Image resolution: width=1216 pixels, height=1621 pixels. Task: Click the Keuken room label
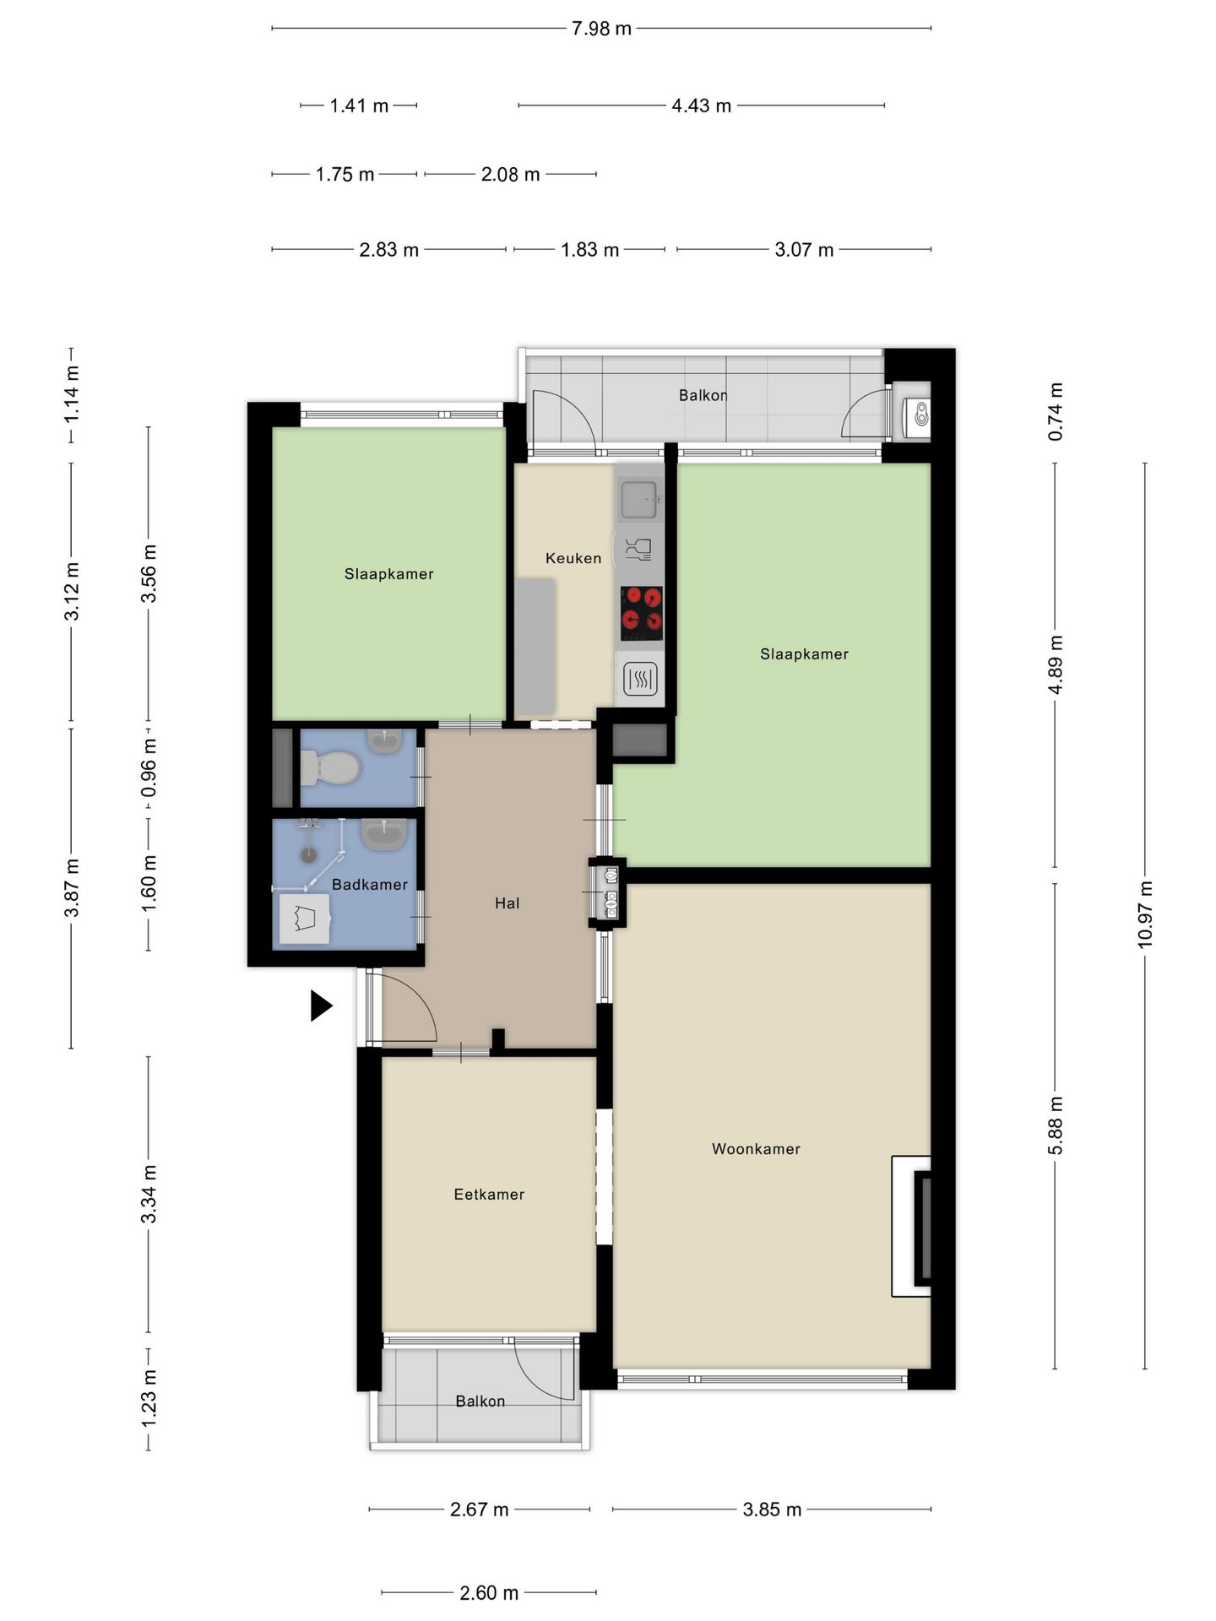click(x=573, y=558)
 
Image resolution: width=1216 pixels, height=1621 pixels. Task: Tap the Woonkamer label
click(x=756, y=1148)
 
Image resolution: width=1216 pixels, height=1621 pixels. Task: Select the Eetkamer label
click(x=489, y=1194)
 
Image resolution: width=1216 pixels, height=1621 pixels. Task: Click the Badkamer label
click(x=370, y=884)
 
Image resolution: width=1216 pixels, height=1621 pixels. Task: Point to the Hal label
click(x=507, y=903)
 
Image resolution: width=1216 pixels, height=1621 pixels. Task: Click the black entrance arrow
click(x=321, y=1006)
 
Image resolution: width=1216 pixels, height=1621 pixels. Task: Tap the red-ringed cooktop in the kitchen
click(x=641, y=614)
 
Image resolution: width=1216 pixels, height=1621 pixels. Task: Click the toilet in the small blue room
click(x=330, y=767)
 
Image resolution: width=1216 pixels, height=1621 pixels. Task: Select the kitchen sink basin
click(x=639, y=499)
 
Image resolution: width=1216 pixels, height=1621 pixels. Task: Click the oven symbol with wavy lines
click(x=639, y=678)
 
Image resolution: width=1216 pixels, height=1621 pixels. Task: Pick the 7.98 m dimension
click(x=601, y=29)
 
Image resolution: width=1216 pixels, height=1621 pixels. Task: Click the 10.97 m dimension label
click(x=1145, y=914)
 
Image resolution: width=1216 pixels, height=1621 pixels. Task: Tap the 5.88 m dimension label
click(x=1055, y=1125)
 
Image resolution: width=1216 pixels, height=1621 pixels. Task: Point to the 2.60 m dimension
click(x=489, y=1592)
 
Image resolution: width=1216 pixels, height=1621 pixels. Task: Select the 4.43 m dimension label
click(x=701, y=106)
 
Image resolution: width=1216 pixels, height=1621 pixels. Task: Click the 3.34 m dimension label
click(x=149, y=1193)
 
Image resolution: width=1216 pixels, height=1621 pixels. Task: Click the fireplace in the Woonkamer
click(x=913, y=1226)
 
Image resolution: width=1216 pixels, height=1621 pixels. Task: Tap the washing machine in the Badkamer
click(x=305, y=919)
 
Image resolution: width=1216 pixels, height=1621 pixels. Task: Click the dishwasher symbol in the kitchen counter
click(x=639, y=550)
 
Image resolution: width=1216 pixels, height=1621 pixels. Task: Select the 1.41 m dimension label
click(x=359, y=106)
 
